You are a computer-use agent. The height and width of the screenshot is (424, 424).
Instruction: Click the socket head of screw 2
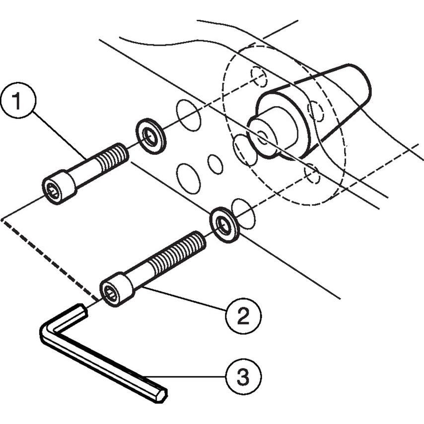click(x=114, y=291)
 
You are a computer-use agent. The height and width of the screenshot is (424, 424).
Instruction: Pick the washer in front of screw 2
click(x=225, y=224)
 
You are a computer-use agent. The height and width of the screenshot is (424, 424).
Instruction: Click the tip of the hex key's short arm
click(x=81, y=311)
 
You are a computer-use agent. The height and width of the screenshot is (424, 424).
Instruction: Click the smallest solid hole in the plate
click(x=215, y=164)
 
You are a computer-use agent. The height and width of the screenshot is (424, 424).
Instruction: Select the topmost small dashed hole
click(x=259, y=75)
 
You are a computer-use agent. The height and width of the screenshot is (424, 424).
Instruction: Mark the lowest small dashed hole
click(x=312, y=173)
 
